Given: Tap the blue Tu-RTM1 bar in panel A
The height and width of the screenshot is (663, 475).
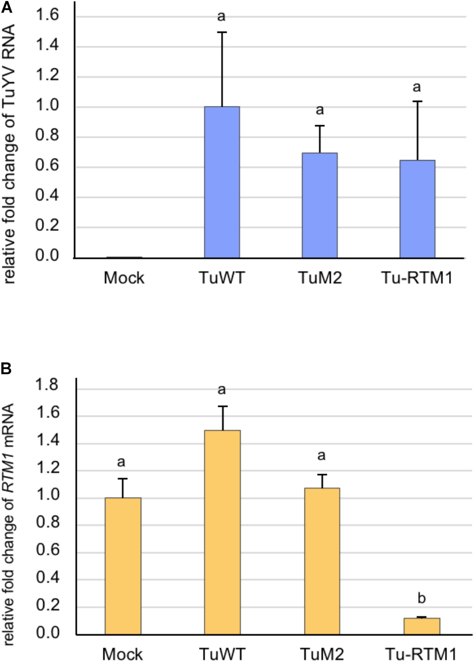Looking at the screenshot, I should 417,209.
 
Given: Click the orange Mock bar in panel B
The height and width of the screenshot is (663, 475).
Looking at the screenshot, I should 123,566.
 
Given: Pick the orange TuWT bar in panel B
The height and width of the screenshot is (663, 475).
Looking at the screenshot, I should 223,532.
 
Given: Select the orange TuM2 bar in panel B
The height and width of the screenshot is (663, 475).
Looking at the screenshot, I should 322,561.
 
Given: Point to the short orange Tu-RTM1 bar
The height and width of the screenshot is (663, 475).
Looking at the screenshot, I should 422,626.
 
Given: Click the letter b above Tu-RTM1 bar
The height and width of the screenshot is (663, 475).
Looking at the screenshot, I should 422,598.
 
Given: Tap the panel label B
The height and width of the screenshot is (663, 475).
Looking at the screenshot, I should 6,369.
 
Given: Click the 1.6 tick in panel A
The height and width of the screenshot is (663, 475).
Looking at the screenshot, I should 47,15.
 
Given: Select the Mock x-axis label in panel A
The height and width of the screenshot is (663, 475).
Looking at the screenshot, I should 124,278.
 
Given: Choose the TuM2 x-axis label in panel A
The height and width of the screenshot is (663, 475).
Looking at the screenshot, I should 320,278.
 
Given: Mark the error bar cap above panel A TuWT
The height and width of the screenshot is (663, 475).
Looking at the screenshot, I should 222,32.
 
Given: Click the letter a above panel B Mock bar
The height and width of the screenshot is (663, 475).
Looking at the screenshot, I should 121,463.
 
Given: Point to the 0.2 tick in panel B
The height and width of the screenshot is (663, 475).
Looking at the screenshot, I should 47,605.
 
